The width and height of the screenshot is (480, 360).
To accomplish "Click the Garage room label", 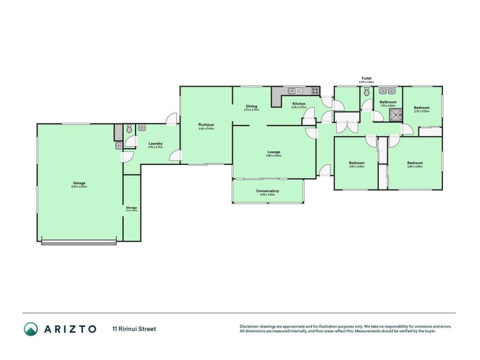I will [80, 183].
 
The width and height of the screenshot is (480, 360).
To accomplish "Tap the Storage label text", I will [131, 208].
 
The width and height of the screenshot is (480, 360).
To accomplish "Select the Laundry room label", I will [155, 143].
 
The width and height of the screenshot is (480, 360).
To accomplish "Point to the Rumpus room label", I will [206, 124].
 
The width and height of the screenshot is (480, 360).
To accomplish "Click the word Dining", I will [251, 106].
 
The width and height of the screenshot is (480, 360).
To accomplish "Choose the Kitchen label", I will [299, 104].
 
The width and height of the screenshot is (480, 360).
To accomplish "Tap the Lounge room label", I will [274, 152].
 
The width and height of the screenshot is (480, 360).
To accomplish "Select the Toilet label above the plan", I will [366, 78].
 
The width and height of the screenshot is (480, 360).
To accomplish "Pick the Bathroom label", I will [388, 102].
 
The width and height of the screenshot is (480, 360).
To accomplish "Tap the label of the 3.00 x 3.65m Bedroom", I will [357, 163].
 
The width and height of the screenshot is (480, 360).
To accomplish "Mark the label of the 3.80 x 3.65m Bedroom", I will [415, 163].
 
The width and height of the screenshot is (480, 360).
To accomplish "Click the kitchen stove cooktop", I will [314, 91].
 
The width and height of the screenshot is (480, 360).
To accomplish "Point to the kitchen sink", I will [294, 91].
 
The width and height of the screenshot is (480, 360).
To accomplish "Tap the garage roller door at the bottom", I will [79, 242].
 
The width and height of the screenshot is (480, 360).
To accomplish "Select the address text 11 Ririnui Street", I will [134, 329].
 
